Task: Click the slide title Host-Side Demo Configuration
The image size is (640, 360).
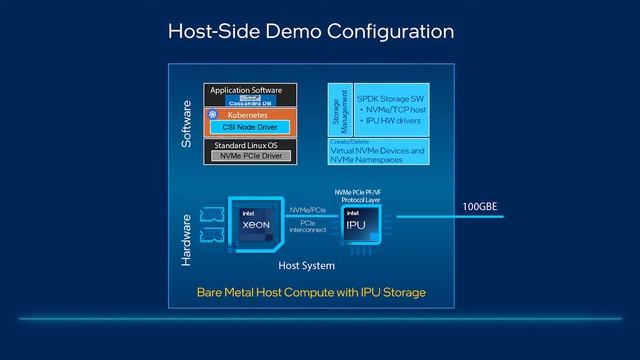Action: click(310, 32)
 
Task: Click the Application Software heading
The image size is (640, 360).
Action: click(246, 90)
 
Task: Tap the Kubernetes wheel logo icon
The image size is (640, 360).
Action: click(213, 116)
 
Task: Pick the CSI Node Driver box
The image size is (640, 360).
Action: click(250, 127)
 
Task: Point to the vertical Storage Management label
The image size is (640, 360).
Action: click(336, 110)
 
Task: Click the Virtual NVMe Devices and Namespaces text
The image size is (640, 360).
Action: click(377, 155)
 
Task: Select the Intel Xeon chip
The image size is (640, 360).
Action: click(257, 225)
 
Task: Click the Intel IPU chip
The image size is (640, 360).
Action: click(358, 226)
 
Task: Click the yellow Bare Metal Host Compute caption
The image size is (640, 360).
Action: click(311, 292)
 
